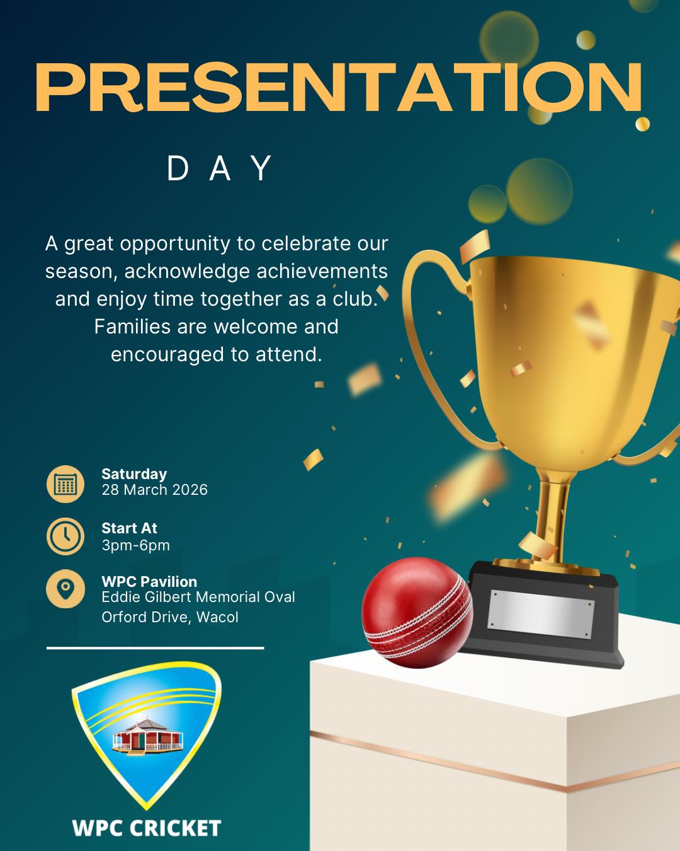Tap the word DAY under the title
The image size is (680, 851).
pyautogui.click(x=219, y=169)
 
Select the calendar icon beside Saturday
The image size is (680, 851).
pyautogui.click(x=65, y=483)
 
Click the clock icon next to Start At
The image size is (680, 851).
pyautogui.click(x=65, y=536)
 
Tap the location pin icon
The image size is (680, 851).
pyautogui.click(x=65, y=589)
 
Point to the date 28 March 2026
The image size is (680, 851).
pyautogui.click(x=154, y=490)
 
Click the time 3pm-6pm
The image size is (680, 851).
pyautogui.click(x=135, y=545)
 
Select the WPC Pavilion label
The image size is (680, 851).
pyautogui.click(x=149, y=581)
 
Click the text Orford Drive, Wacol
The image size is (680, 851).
pyautogui.click(x=170, y=617)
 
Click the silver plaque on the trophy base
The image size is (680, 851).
pyautogui.click(x=540, y=613)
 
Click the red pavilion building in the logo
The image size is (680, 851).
pyautogui.click(x=146, y=736)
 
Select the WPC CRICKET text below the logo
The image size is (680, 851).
pyautogui.click(x=147, y=828)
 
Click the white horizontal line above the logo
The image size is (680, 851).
pyautogui.click(x=155, y=647)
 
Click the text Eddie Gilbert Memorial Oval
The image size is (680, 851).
pyautogui.click(x=198, y=597)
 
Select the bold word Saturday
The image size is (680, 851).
pyautogui.click(x=134, y=474)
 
